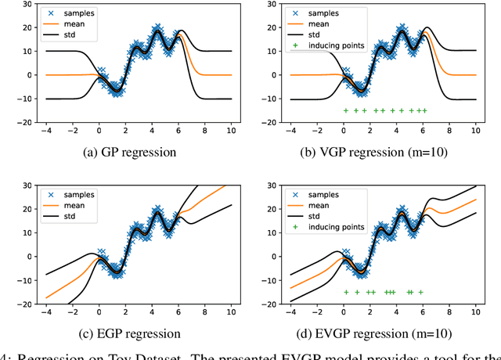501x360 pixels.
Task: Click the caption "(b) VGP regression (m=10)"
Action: pos(374,152)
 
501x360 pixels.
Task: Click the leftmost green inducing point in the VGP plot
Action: pos(345,111)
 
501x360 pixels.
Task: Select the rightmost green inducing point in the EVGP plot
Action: pos(420,293)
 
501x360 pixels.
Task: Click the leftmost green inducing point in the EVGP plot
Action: pos(345,293)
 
